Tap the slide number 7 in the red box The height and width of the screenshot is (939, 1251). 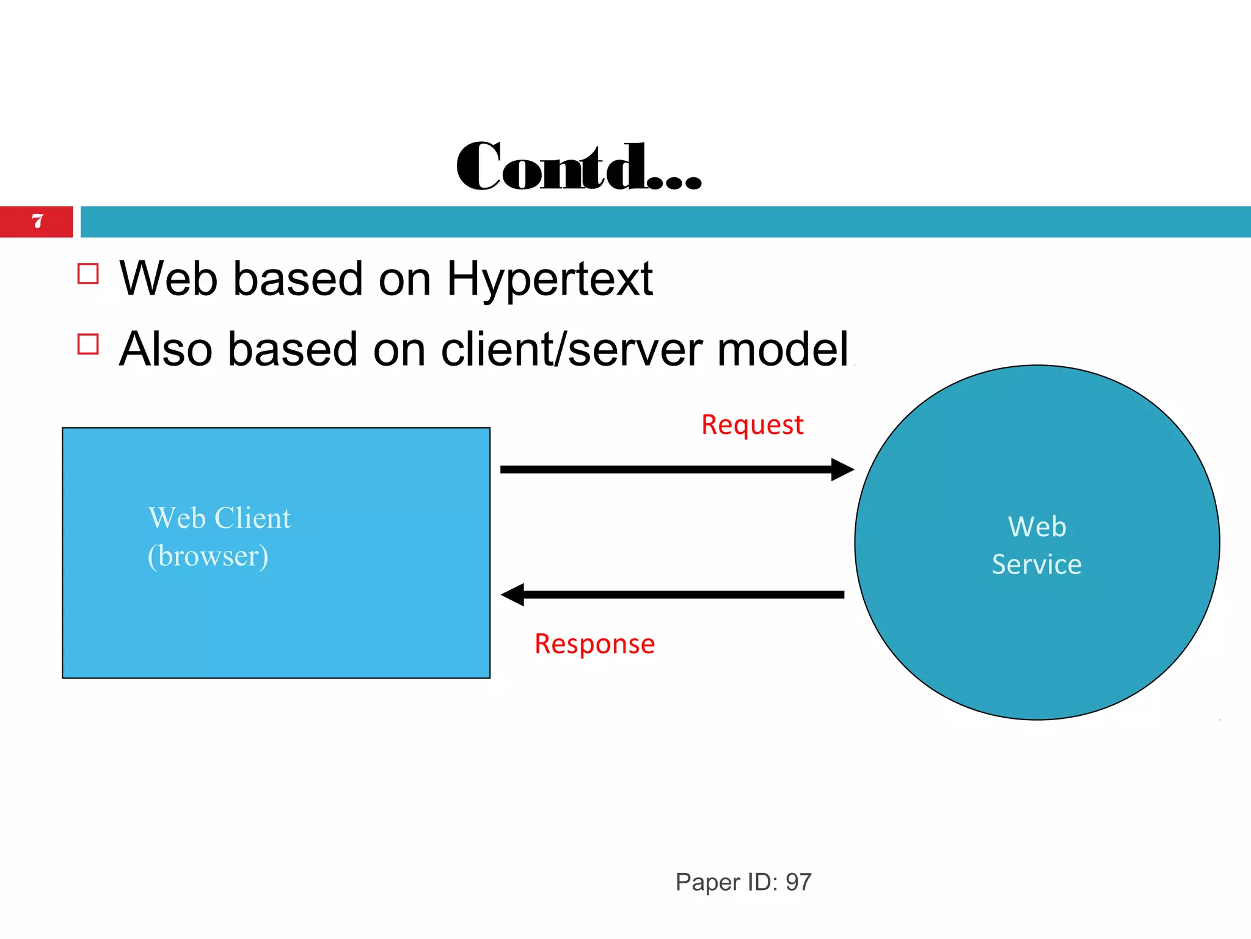point(37,221)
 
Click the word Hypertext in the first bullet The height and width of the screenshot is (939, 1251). point(550,279)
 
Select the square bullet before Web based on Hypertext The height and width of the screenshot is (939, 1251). point(89,274)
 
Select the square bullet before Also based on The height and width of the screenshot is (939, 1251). point(89,344)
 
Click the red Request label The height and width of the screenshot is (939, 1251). point(752,425)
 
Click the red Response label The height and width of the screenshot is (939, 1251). point(594,644)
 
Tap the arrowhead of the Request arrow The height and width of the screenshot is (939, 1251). point(843,469)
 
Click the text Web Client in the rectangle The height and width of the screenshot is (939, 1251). point(219,518)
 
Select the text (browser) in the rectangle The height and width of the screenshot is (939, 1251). point(208,556)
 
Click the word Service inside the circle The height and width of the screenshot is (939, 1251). point(1037,564)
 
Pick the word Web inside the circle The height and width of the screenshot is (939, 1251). point(1037,527)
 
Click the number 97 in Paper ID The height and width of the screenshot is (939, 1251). point(798,882)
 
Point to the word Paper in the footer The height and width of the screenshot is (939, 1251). point(707,882)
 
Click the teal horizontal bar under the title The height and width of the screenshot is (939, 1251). point(666,221)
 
